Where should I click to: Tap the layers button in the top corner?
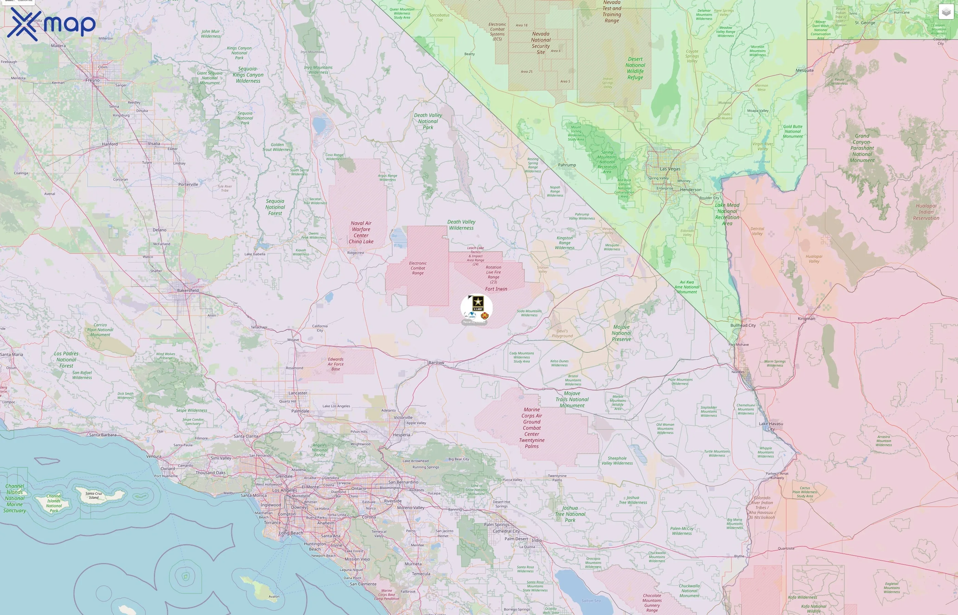click(946, 12)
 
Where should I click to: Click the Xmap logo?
click(51, 24)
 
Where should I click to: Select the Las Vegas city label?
click(670, 169)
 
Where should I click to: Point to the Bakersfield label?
click(188, 290)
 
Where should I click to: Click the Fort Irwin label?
click(496, 289)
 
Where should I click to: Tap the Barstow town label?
click(436, 363)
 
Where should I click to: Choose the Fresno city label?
click(92, 80)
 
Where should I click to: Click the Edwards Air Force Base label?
click(335, 364)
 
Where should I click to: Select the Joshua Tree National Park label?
click(570, 514)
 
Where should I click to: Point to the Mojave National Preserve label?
click(621, 333)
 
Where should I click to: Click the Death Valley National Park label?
click(428, 121)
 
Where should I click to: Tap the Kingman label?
click(806, 319)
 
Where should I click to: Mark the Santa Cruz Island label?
click(93, 495)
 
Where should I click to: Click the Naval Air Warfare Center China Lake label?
click(361, 232)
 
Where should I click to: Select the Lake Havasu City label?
click(771, 426)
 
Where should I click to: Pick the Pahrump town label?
click(567, 165)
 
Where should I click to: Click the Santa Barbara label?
click(103, 435)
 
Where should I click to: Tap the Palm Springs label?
click(496, 525)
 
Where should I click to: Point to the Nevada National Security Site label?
click(541, 43)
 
